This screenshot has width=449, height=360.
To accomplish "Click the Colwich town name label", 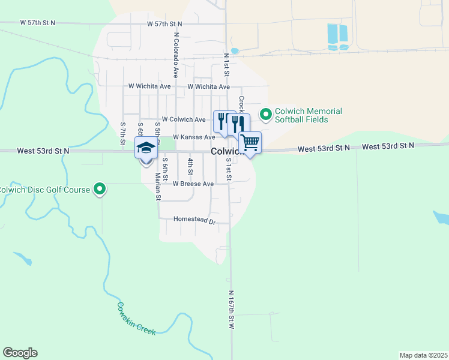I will pyautogui.click(x=226, y=152).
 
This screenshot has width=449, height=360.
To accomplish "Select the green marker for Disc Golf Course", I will pyautogui.click(x=101, y=190).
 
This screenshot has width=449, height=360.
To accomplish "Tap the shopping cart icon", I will pyautogui.click(x=250, y=143).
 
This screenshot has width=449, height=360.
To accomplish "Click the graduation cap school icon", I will pyautogui.click(x=146, y=148).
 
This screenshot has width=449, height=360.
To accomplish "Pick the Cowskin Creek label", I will pyautogui.click(x=136, y=318).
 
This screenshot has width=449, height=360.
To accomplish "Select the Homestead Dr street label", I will pyautogui.click(x=194, y=220).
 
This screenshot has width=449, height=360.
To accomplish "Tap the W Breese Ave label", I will pyautogui.click(x=193, y=184).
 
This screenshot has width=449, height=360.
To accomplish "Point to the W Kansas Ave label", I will pyautogui.click(x=193, y=137).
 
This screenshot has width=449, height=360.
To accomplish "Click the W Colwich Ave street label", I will pyautogui.click(x=184, y=119).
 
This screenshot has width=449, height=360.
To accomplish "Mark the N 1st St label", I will pyautogui.click(x=227, y=64).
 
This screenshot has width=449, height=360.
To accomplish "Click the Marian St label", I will pyautogui.click(x=158, y=185).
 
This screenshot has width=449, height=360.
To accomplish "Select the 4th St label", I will pyautogui.click(x=190, y=162).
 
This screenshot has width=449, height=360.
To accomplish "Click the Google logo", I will pyautogui.click(x=20, y=353).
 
